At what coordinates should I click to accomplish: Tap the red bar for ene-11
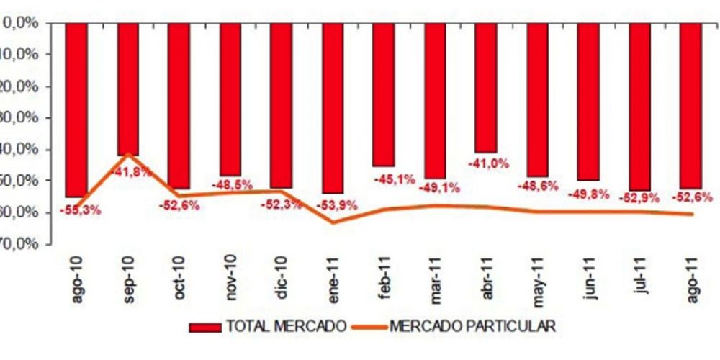[x=332, y=108]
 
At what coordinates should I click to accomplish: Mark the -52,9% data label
[x=641, y=196]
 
